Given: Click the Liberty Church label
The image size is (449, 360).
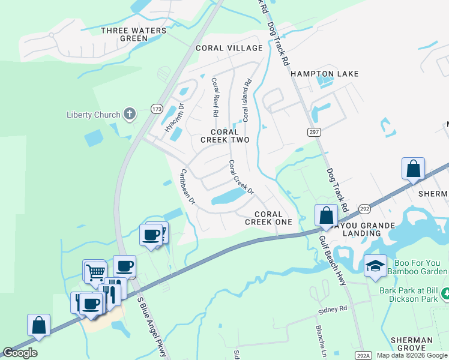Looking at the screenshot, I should pos(93,115).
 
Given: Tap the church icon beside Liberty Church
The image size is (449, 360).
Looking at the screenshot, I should pos(129,113).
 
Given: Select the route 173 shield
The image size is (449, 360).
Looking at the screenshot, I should pos(157,109).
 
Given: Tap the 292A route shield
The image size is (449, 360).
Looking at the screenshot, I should pos(361,355).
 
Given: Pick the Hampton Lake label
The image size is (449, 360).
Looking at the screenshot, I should pos(324,74).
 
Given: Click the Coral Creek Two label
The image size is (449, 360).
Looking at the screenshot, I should pos(229,136).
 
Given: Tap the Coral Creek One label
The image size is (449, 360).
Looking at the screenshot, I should pos(268,218).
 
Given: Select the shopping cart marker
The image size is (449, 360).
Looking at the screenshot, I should pos(95,272).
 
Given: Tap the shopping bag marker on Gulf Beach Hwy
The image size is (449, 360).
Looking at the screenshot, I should pos(325,215).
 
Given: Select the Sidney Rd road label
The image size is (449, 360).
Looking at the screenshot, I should pos(333,309).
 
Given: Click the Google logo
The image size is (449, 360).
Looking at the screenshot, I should pos(20,353).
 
